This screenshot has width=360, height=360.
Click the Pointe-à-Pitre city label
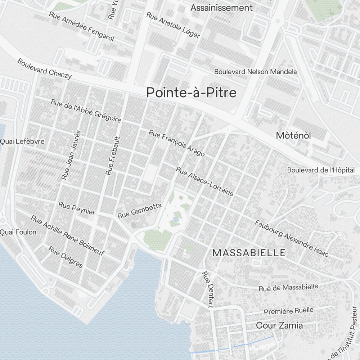pos(192,93)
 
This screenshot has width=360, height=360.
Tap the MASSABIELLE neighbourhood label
pos(249,253)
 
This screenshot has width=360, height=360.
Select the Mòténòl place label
pos(293,136)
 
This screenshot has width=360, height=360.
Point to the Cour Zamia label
pos(279,325)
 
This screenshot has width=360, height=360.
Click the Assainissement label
pos(221,8)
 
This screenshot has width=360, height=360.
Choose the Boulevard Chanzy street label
pos(44,69)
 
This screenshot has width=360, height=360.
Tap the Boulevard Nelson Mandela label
pos(256,72)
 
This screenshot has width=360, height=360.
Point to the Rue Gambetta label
pos(140,210)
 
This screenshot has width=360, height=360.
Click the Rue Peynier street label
pos(77,208)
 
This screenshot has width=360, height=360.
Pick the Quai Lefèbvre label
pos(22,141)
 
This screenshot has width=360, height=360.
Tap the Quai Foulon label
pos(18,232)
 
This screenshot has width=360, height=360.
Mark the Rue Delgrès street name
pos(66,257)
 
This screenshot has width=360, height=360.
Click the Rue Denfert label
pos(208,289)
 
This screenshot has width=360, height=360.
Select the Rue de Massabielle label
pos(289,287)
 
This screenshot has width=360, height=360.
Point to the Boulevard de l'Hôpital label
pos(321,170)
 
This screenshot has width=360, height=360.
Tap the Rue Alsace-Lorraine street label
pos(204,181)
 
